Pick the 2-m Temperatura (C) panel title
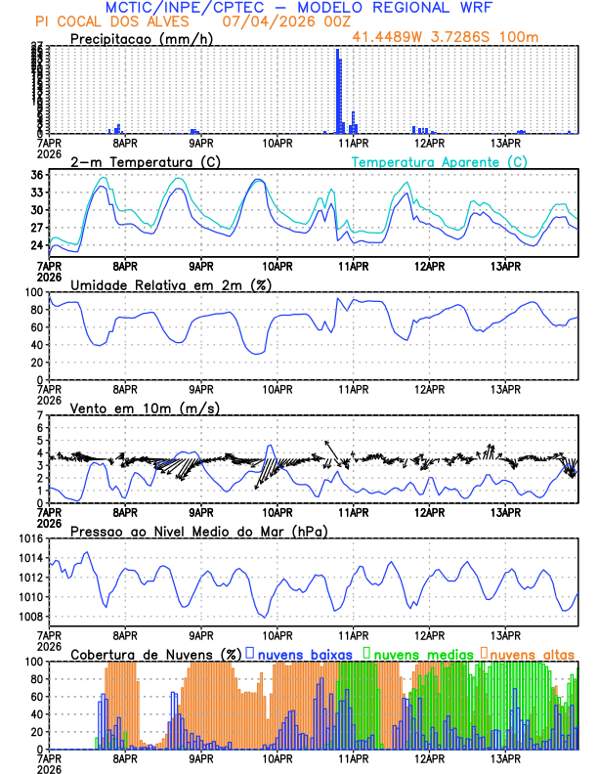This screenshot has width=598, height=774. [146, 161]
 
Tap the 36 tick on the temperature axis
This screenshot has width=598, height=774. [36, 176]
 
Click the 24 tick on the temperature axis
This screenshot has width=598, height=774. [36, 245]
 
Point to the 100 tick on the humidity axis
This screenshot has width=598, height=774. [32, 292]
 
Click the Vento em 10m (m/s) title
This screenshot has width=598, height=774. [146, 408]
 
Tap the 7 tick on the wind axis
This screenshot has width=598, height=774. [39, 415]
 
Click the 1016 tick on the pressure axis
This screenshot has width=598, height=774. [27, 538]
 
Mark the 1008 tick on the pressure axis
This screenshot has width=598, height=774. [27, 616]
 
